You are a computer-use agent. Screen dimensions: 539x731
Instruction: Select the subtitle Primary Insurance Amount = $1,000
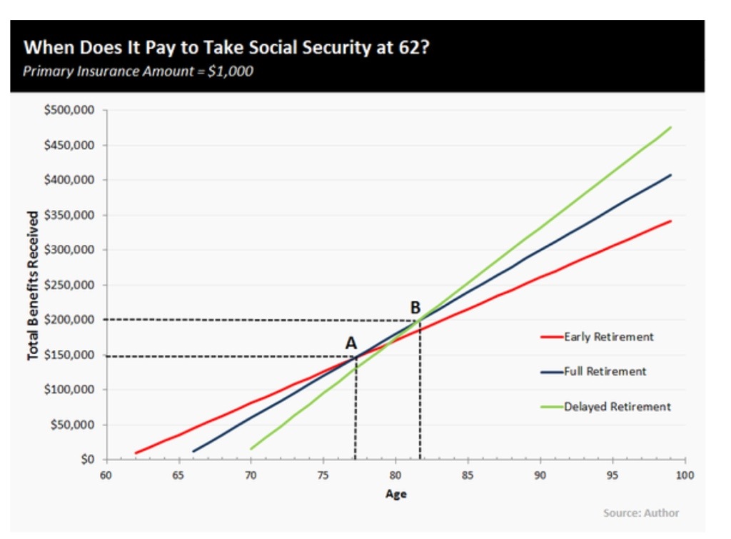(138, 71)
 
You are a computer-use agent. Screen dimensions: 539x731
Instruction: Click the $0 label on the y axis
(87, 460)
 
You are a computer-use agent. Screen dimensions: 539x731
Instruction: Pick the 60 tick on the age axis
(106, 475)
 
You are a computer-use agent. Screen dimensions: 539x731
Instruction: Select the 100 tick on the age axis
(685, 475)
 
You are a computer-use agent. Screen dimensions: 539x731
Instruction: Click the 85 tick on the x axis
(468, 475)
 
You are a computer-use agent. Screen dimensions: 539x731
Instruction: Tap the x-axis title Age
(395, 493)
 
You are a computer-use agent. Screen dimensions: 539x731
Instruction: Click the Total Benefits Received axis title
(33, 286)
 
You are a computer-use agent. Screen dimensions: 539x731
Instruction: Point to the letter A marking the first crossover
(351, 343)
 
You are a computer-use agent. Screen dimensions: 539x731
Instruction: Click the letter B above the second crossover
(415, 308)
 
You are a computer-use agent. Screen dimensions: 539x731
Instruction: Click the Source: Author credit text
(641, 513)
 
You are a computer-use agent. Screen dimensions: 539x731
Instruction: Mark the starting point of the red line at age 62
(136, 453)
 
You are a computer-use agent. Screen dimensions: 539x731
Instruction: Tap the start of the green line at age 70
(251, 448)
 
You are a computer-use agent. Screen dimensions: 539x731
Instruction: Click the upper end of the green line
(670, 127)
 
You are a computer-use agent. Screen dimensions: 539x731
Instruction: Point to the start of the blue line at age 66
(193, 450)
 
